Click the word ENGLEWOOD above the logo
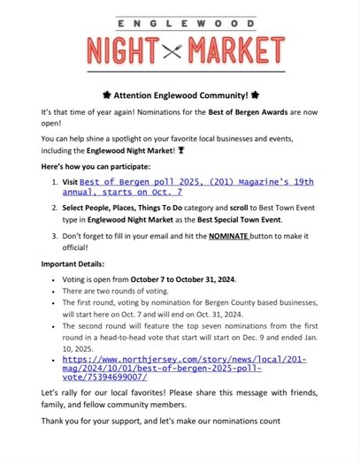[x=180, y=15]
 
